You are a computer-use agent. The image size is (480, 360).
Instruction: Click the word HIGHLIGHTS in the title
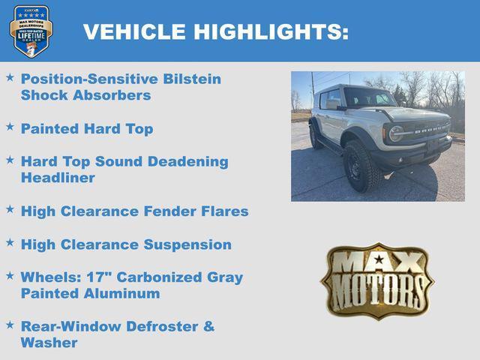click(x=271, y=32)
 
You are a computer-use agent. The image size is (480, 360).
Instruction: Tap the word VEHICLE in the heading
click(x=134, y=32)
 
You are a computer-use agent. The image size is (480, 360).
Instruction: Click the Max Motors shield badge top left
click(x=31, y=31)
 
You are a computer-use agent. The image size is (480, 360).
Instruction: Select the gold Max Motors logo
click(x=377, y=280)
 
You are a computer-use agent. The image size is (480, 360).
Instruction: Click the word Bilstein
click(x=192, y=79)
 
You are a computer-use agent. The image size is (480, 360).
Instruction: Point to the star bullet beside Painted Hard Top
click(x=10, y=127)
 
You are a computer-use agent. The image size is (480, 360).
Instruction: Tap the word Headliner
click(x=58, y=178)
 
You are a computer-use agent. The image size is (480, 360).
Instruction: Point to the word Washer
click(x=49, y=343)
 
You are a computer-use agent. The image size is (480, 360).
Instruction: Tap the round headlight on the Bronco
click(x=395, y=133)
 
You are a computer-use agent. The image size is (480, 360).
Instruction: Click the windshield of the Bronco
click(x=367, y=98)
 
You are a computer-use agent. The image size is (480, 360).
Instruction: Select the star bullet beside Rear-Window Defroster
click(x=10, y=325)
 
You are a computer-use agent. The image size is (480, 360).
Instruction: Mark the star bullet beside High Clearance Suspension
click(x=10, y=243)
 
